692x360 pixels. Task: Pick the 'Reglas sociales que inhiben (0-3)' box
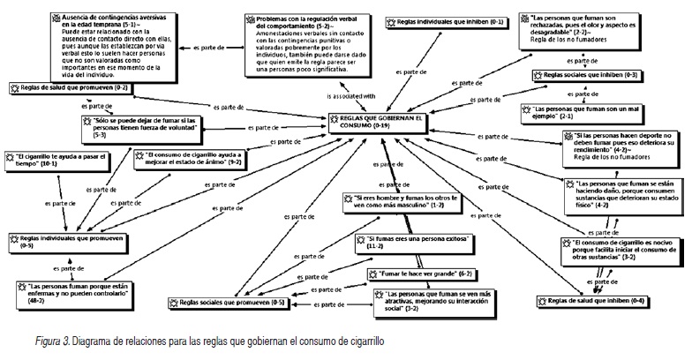click(x=587, y=76)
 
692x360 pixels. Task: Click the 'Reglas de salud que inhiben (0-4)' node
click(x=586, y=301)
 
